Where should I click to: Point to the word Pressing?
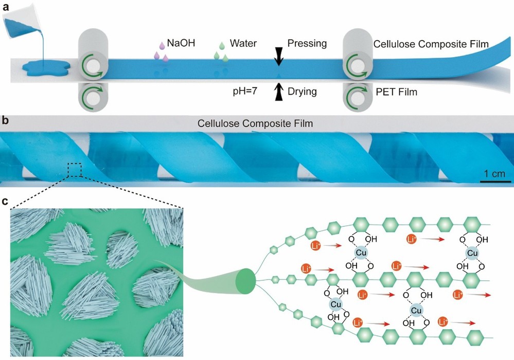coord(307,43)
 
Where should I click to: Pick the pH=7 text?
coord(247,93)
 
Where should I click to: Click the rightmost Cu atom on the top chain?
coord(471,254)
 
